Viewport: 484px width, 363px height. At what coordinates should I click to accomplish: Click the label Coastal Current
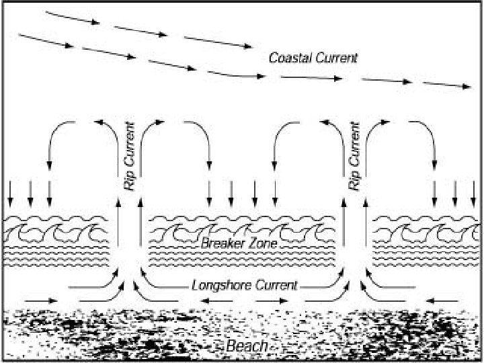(x=313, y=58)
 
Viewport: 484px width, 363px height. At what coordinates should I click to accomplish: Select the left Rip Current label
(x=130, y=155)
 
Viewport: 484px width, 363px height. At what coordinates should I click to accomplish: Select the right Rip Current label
(x=356, y=155)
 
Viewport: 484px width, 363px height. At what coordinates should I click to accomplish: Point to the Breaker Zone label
(x=230, y=243)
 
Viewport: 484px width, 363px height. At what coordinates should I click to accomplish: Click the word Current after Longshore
(x=273, y=284)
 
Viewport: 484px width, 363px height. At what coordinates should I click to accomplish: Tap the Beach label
(x=247, y=347)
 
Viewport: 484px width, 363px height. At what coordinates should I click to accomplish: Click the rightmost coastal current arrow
(x=446, y=85)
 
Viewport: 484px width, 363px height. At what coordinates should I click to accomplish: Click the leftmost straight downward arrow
(x=10, y=193)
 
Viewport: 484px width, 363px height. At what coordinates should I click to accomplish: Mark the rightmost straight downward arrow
(x=473, y=193)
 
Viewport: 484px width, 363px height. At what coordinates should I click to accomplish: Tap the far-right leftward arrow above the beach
(x=444, y=298)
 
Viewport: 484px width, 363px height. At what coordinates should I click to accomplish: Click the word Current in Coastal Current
(x=336, y=58)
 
